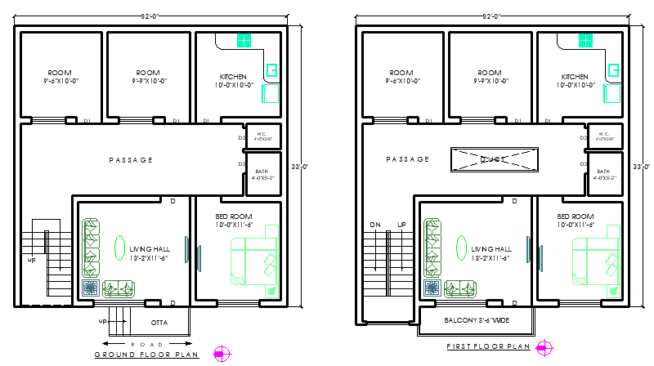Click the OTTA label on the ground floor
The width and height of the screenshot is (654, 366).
[158, 310]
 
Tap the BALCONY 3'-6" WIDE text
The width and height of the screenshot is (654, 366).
[477, 319]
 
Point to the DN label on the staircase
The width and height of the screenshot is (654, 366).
[375, 225]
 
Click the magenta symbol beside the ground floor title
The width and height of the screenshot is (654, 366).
[221, 354]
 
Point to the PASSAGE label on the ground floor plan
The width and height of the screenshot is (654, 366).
[131, 160]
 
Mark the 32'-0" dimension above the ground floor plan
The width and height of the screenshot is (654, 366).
[150, 16]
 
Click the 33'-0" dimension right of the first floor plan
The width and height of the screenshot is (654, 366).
[643, 167]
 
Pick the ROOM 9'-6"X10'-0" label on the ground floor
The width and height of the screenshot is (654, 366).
[60, 77]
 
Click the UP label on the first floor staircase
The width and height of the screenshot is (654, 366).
[401, 225]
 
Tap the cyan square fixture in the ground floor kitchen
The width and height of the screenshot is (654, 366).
[244, 40]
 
